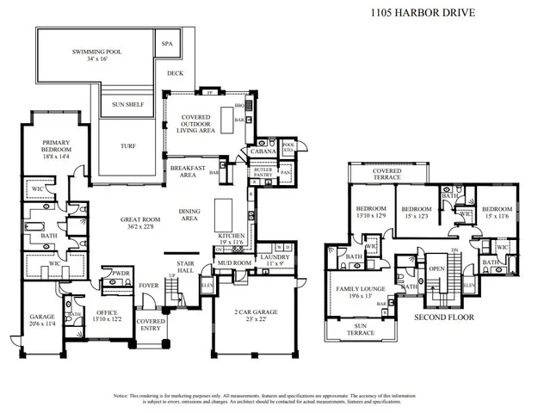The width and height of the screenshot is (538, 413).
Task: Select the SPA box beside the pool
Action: pyautogui.click(x=166, y=42)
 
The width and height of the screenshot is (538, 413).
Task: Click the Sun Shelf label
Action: pyautogui.click(x=127, y=105)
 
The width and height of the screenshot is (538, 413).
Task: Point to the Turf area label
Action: pyautogui.click(x=127, y=145)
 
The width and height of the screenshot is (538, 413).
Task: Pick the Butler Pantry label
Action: pyautogui.click(x=263, y=173)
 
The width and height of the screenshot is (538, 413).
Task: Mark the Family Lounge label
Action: pyautogui.click(x=359, y=291)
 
